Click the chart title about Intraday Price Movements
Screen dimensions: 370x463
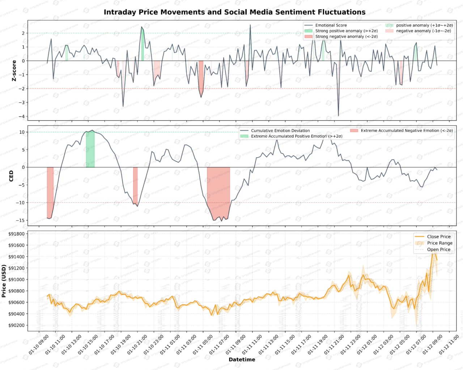point(234,12)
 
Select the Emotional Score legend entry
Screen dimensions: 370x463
point(331,25)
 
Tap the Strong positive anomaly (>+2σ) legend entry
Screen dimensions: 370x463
point(346,31)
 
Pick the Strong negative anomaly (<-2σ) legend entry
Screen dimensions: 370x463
point(346,37)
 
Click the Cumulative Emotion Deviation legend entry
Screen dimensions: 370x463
point(280,131)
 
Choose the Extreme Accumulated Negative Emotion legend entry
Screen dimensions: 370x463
point(407,131)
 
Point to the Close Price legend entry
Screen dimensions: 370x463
point(438,237)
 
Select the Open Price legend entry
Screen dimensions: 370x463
point(438,249)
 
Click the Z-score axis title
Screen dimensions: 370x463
point(14,71)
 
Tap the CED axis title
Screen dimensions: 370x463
point(11,176)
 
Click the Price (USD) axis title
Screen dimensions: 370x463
point(4,281)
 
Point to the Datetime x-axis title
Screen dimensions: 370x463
point(242,360)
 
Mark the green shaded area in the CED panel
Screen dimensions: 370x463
point(90,149)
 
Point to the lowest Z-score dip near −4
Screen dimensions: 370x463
point(338,115)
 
